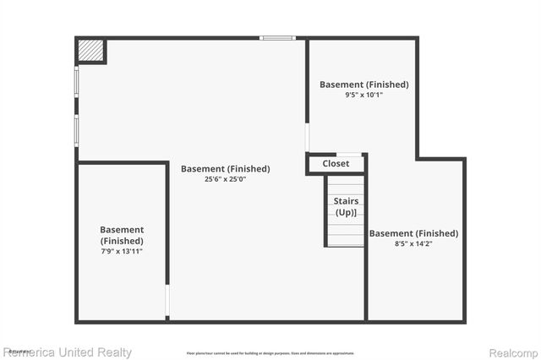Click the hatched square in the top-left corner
coord(91,52)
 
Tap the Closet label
coord(336,163)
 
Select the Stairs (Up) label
coord(346,207)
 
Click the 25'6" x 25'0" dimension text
coord(225,179)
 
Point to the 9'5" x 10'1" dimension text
coord(363,95)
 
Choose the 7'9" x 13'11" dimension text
coord(122,251)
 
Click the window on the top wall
coord(277,38)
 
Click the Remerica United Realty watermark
coord(67,352)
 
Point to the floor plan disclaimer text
coord(270,353)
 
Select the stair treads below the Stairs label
coord(346,232)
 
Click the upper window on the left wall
coord(77,84)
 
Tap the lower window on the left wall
coord(77,131)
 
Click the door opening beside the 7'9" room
coord(167,301)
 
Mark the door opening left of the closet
coord(307,136)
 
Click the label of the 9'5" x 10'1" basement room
coord(363,85)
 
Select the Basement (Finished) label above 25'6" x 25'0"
coord(225,168)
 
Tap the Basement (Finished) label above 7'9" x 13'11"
coord(122,235)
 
